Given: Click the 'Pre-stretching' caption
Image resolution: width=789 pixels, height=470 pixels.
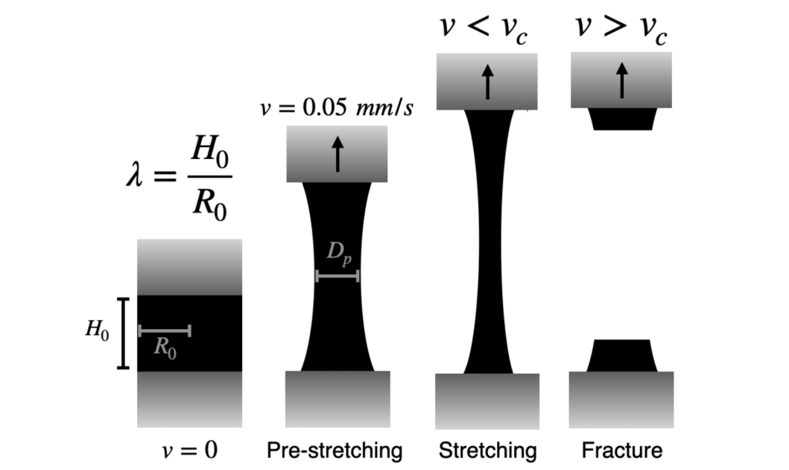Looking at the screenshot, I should pyautogui.click(x=335, y=451).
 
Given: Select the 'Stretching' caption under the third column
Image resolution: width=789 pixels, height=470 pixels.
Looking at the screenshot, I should pyautogui.click(x=487, y=451).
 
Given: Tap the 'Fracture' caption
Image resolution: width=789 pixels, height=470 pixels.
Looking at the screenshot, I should pyautogui.click(x=621, y=451).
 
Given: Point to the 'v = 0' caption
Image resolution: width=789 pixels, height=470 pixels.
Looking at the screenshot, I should pyautogui.click(x=189, y=451).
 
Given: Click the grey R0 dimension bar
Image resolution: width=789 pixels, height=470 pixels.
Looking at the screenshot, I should pyautogui.click(x=165, y=330).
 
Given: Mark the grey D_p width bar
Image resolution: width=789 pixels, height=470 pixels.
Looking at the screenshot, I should pyautogui.click(x=338, y=276).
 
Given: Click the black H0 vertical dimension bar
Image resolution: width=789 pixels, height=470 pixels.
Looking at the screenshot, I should pyautogui.click(x=124, y=333).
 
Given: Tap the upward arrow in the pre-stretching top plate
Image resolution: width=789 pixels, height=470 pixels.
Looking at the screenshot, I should pyautogui.click(x=338, y=154).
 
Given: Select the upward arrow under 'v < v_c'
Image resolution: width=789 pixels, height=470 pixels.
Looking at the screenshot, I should pyautogui.click(x=487, y=81).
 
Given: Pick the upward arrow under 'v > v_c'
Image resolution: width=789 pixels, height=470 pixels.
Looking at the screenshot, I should pyautogui.click(x=621, y=80).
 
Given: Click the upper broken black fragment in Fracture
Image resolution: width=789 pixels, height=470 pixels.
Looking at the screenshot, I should pyautogui.click(x=621, y=119).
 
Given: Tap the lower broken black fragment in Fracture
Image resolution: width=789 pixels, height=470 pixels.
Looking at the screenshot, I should pyautogui.click(x=621, y=356).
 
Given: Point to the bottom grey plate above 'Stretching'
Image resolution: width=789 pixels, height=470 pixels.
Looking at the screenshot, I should pyautogui.click(x=487, y=401).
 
